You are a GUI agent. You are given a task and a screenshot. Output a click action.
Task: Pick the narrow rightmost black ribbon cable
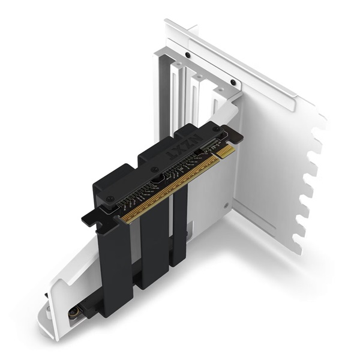click(179, 228)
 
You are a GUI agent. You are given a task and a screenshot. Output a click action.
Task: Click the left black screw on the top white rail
click(188, 55)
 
